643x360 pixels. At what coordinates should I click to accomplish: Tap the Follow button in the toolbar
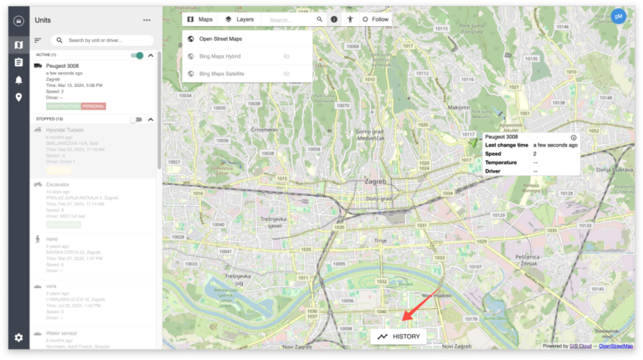(376, 19)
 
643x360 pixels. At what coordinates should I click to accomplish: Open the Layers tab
(239, 19)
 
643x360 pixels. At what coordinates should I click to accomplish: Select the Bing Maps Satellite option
(222, 74)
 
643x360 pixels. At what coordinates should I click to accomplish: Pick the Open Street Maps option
(220, 39)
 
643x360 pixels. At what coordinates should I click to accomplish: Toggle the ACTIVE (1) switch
(136, 55)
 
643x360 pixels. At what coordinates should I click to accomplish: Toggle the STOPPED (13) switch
(136, 120)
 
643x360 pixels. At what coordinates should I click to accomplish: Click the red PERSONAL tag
(94, 106)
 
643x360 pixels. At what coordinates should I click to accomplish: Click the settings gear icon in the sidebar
(18, 337)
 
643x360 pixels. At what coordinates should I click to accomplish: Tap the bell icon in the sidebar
(18, 80)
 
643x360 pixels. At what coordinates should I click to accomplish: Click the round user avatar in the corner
(619, 17)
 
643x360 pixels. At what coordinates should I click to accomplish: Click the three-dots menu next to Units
(147, 19)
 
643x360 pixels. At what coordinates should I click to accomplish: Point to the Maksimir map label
(459, 107)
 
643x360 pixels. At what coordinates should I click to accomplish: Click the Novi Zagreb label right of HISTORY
(458, 347)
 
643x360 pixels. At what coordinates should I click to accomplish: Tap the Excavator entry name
(58, 184)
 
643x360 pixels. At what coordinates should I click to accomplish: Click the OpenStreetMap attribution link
(615, 346)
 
